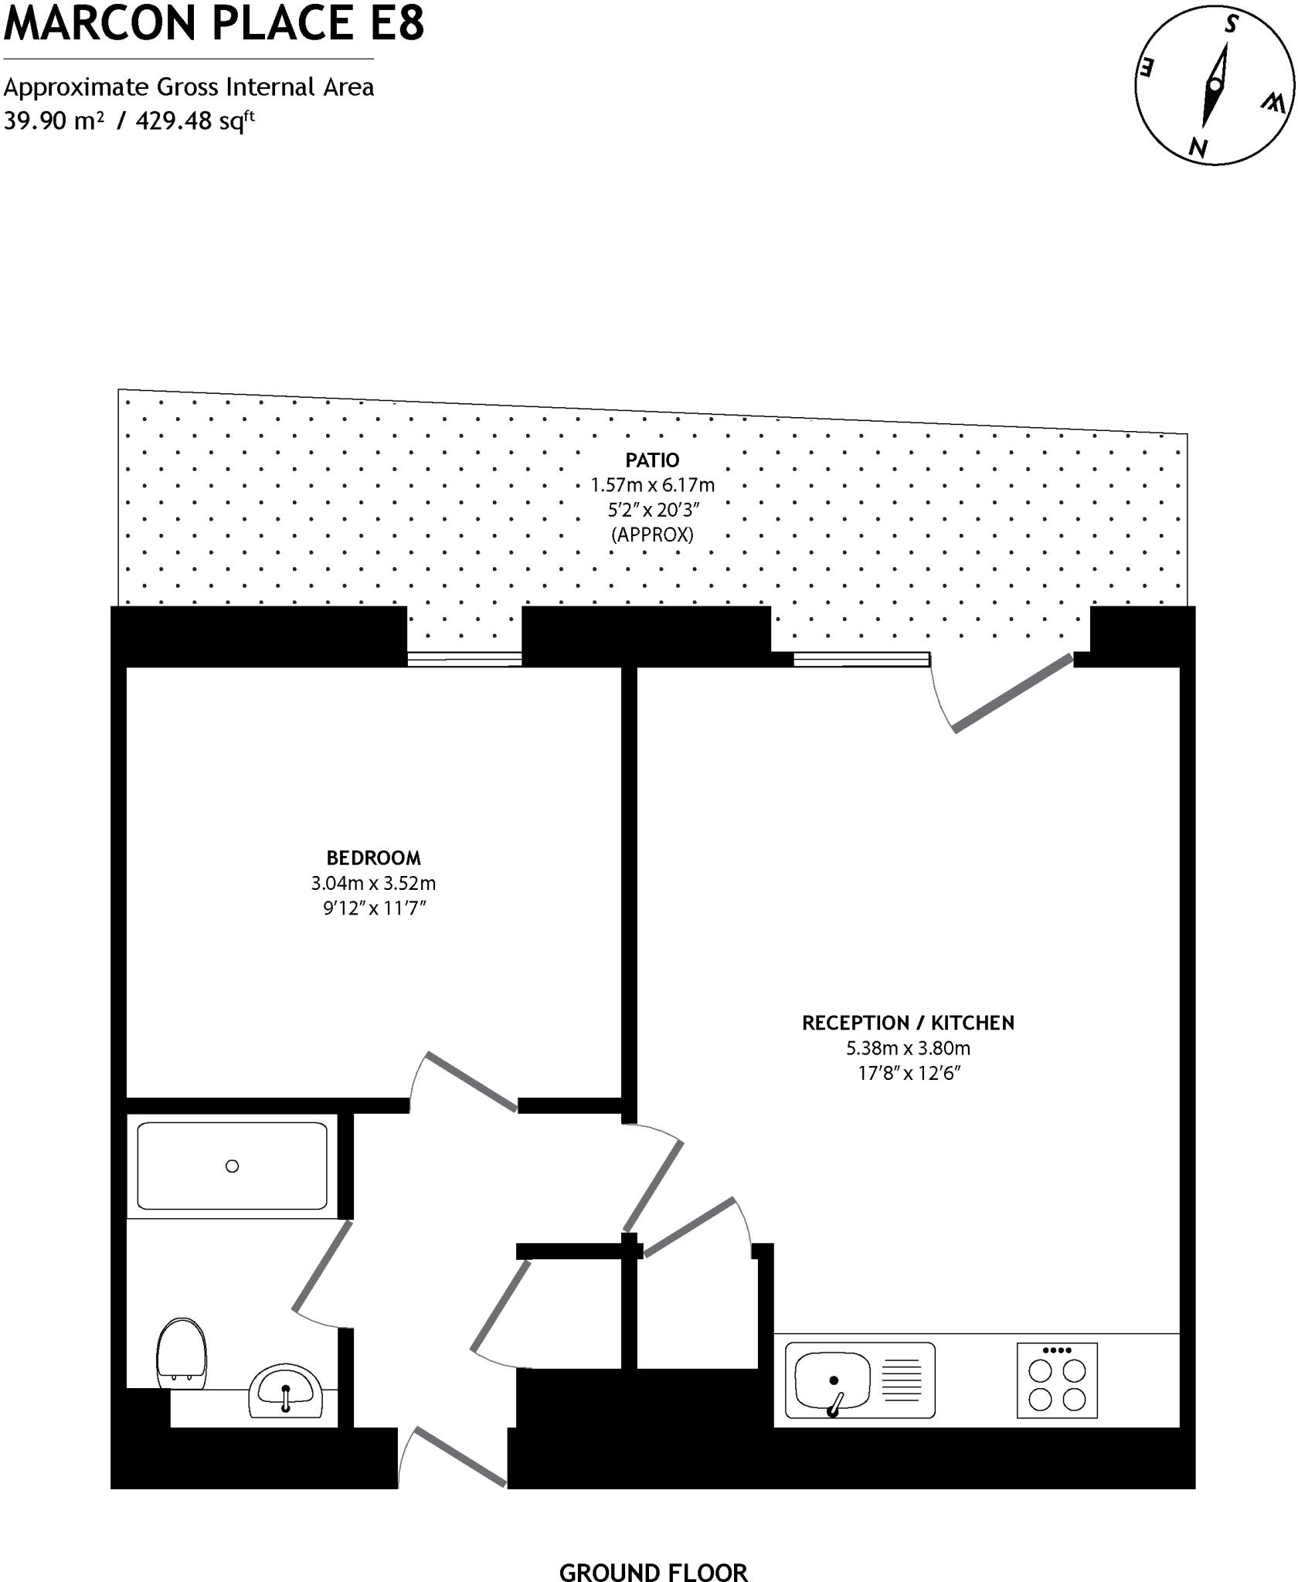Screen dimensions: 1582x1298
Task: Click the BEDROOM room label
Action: [x=373, y=857]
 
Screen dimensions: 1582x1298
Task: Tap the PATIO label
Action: [x=652, y=460]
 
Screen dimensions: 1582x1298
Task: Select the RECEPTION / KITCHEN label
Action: [x=908, y=1023]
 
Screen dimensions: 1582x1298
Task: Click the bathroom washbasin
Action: [x=286, y=1391]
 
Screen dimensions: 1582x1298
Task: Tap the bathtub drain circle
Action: [x=232, y=1166]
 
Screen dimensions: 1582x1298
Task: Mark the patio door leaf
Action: [x=1013, y=693]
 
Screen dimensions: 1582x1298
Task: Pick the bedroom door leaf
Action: [x=471, y=1082]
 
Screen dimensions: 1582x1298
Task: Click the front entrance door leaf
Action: [x=461, y=1457]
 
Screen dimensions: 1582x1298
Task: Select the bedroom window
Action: [x=464, y=659]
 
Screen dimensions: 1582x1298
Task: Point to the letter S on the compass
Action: [x=1231, y=25]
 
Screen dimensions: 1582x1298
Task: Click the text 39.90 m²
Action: [x=53, y=121]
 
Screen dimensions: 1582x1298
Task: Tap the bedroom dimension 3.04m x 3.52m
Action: [x=373, y=883]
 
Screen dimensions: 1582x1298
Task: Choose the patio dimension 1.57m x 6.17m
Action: [x=652, y=485]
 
